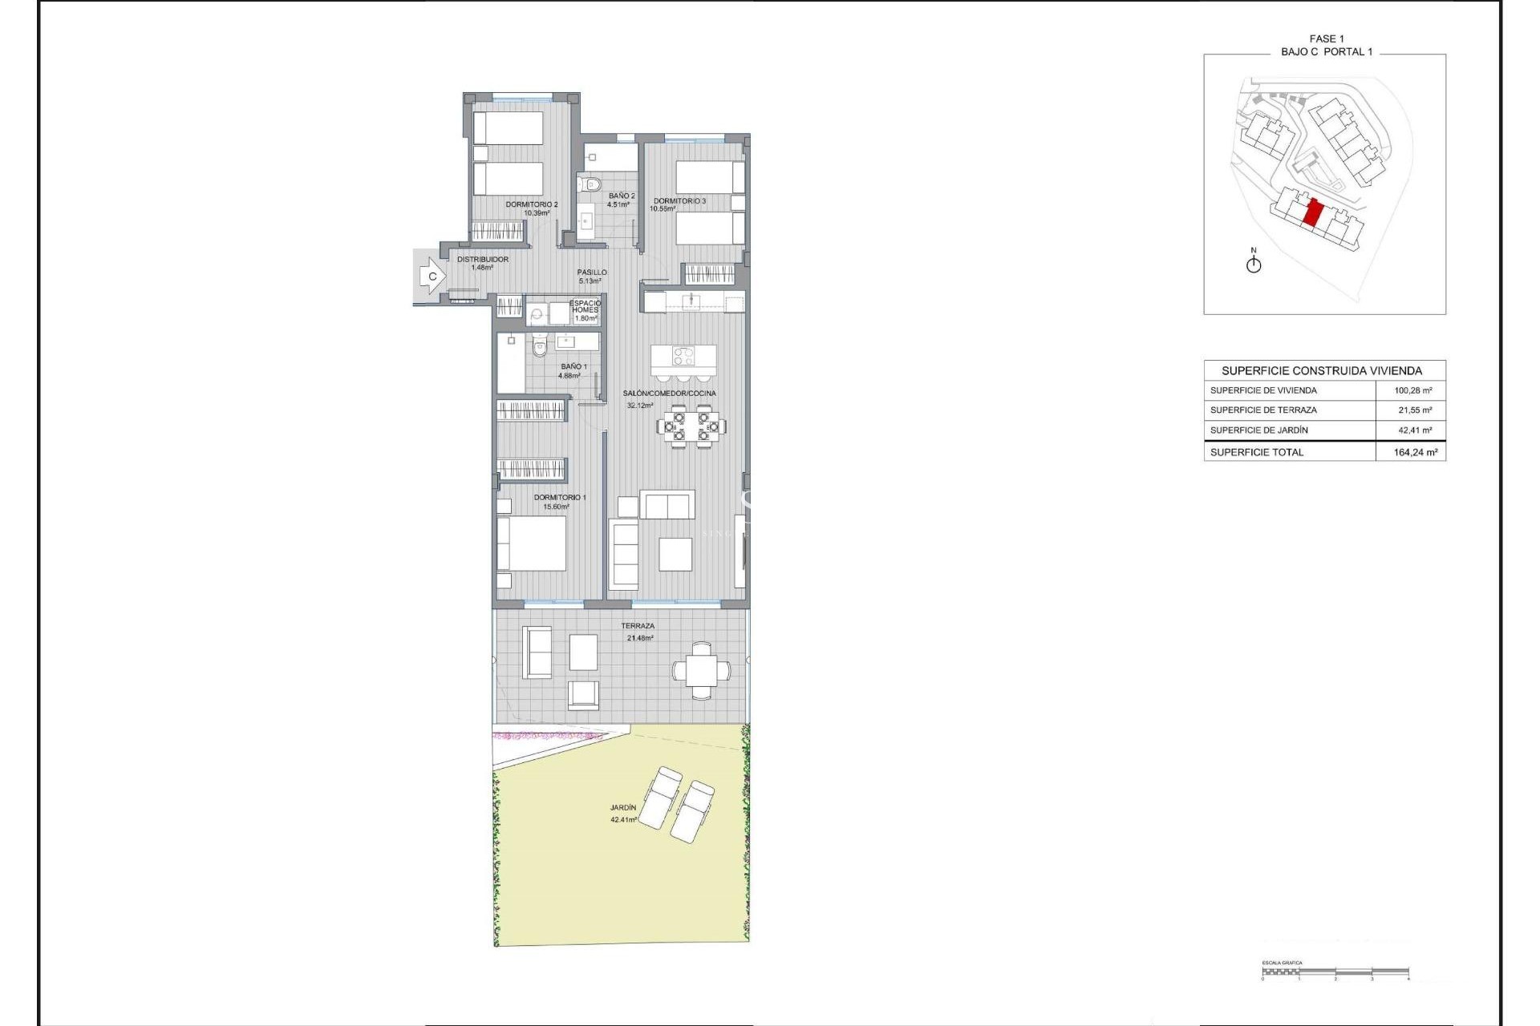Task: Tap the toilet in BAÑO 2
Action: (592, 185)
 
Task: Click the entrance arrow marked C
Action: (432, 277)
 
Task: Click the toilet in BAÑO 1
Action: (539, 348)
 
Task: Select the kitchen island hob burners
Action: (683, 354)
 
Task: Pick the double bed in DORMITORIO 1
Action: (537, 543)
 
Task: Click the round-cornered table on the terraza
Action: (702, 670)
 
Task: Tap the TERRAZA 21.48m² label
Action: (638, 632)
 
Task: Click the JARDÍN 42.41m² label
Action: (623, 814)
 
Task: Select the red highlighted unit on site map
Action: (1313, 214)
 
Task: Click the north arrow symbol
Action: (1254, 263)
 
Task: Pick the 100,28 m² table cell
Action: (1413, 390)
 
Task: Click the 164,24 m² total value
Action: (1415, 452)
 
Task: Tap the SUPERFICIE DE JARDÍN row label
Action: (1258, 430)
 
